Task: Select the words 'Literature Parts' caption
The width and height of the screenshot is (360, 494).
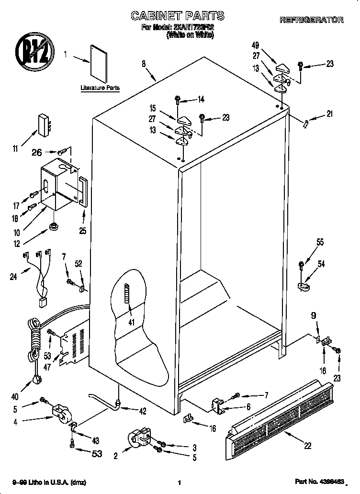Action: (100, 88)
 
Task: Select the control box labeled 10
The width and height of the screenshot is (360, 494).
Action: (57, 184)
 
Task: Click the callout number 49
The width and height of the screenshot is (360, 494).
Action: (255, 45)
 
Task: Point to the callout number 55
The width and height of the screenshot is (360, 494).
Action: (319, 243)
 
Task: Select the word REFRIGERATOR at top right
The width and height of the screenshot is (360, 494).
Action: (311, 20)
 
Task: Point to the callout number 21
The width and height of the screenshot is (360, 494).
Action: (329, 114)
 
